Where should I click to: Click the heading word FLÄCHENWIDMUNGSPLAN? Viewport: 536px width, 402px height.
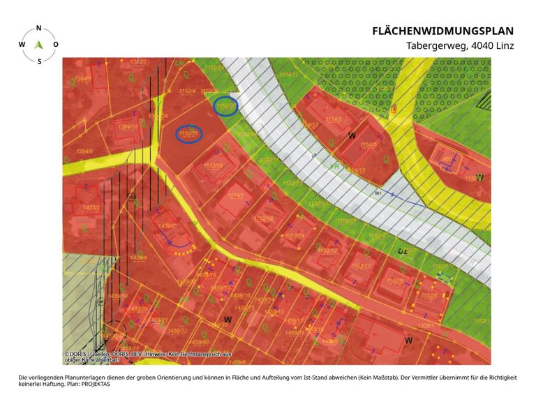point(442,31)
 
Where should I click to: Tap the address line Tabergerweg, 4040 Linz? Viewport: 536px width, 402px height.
point(460,46)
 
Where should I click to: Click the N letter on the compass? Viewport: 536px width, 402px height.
point(38,28)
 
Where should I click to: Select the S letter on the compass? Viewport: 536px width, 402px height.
point(39,61)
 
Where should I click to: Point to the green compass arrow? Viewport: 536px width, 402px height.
point(39,45)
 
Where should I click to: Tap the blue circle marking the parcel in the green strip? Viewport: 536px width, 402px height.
point(225,106)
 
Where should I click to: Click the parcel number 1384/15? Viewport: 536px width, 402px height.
point(128,127)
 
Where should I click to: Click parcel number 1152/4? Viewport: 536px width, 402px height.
point(186,91)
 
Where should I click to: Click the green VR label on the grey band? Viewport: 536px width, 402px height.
point(334,167)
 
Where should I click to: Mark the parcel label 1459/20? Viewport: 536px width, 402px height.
point(139,308)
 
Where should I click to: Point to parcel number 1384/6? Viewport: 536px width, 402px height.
point(84,151)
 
